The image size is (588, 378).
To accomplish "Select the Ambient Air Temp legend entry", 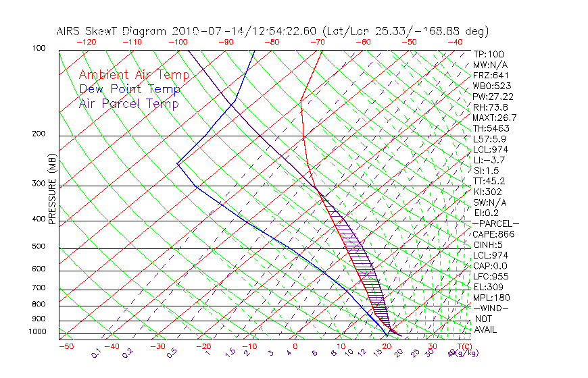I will pyautogui.click(x=134, y=75).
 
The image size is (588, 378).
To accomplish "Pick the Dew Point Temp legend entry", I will pyautogui.click(x=130, y=89).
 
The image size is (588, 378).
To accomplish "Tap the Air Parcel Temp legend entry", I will pyautogui.click(x=129, y=103).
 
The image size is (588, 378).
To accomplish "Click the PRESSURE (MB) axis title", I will pyautogui.click(x=52, y=194).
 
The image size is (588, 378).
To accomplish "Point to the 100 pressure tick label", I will pyautogui.click(x=39, y=49).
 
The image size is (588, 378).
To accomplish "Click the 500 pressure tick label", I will pyautogui.click(x=39, y=247).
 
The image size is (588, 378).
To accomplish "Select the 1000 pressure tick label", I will pyautogui.click(x=37, y=332).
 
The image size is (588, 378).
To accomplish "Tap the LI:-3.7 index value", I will pyautogui.click(x=487, y=160).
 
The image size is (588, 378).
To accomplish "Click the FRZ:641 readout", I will pyautogui.click(x=487, y=75).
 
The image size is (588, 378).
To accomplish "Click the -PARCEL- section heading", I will pyautogui.click(x=496, y=223).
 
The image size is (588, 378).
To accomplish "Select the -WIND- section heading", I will pyautogui.click(x=491, y=308).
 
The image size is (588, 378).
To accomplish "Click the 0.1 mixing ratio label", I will pyautogui.click(x=96, y=353).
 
